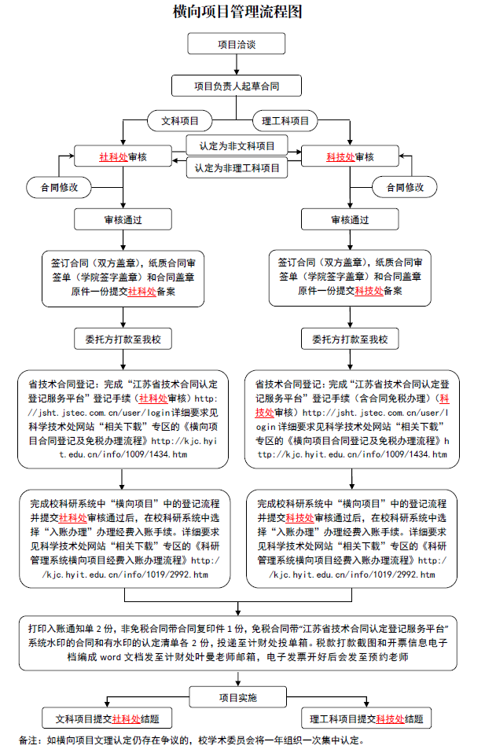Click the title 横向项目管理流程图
[237, 12]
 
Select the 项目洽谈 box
[237, 44]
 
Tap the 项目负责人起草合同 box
[237, 86]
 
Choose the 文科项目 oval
[179, 120]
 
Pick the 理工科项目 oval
[285, 120]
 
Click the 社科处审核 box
[123, 156]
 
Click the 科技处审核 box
[350, 156]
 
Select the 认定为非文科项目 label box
[237, 145]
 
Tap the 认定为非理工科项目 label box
[237, 167]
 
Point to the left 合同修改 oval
[59, 187]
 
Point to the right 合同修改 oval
[405, 187]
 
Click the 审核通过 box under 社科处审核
[123, 219]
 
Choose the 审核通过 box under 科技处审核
[350, 219]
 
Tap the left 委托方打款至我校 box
[123, 339]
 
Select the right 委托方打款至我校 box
[350, 339]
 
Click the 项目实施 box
[237, 697]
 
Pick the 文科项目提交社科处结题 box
[107, 718]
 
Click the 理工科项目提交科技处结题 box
[366, 718]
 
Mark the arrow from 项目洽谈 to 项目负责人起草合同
[237, 64]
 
